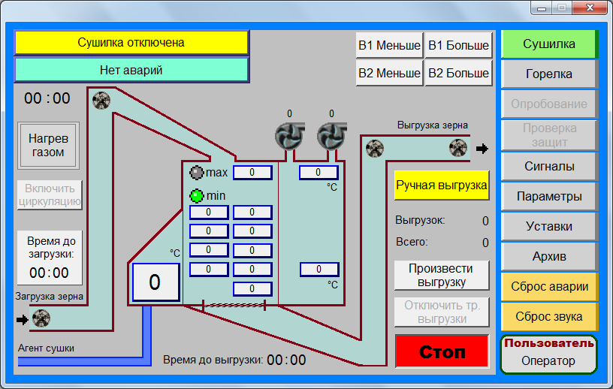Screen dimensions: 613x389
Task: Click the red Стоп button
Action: point(442,351)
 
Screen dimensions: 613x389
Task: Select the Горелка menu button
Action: point(549,74)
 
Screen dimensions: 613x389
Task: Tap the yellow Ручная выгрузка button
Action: point(442,185)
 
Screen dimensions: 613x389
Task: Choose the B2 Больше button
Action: point(458,73)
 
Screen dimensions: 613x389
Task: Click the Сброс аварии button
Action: point(549,287)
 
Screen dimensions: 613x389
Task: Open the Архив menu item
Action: point(549,257)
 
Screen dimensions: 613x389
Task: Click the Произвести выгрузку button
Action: point(442,276)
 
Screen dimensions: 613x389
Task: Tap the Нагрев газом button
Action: point(48,146)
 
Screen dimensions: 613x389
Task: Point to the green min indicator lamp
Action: point(197,195)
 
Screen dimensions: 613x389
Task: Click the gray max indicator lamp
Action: point(197,173)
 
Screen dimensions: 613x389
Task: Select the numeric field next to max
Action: point(252,173)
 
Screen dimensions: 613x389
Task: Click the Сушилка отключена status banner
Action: point(131,42)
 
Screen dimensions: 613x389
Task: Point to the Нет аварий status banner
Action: point(131,70)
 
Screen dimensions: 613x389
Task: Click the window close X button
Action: point(590,8)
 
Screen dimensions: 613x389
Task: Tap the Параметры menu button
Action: point(549,196)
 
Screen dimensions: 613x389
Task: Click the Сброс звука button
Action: point(549,316)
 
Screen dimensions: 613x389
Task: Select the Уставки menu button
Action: point(549,226)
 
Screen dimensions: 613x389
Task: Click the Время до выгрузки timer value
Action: point(286,360)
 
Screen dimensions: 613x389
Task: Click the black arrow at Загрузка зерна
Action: point(23,320)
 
